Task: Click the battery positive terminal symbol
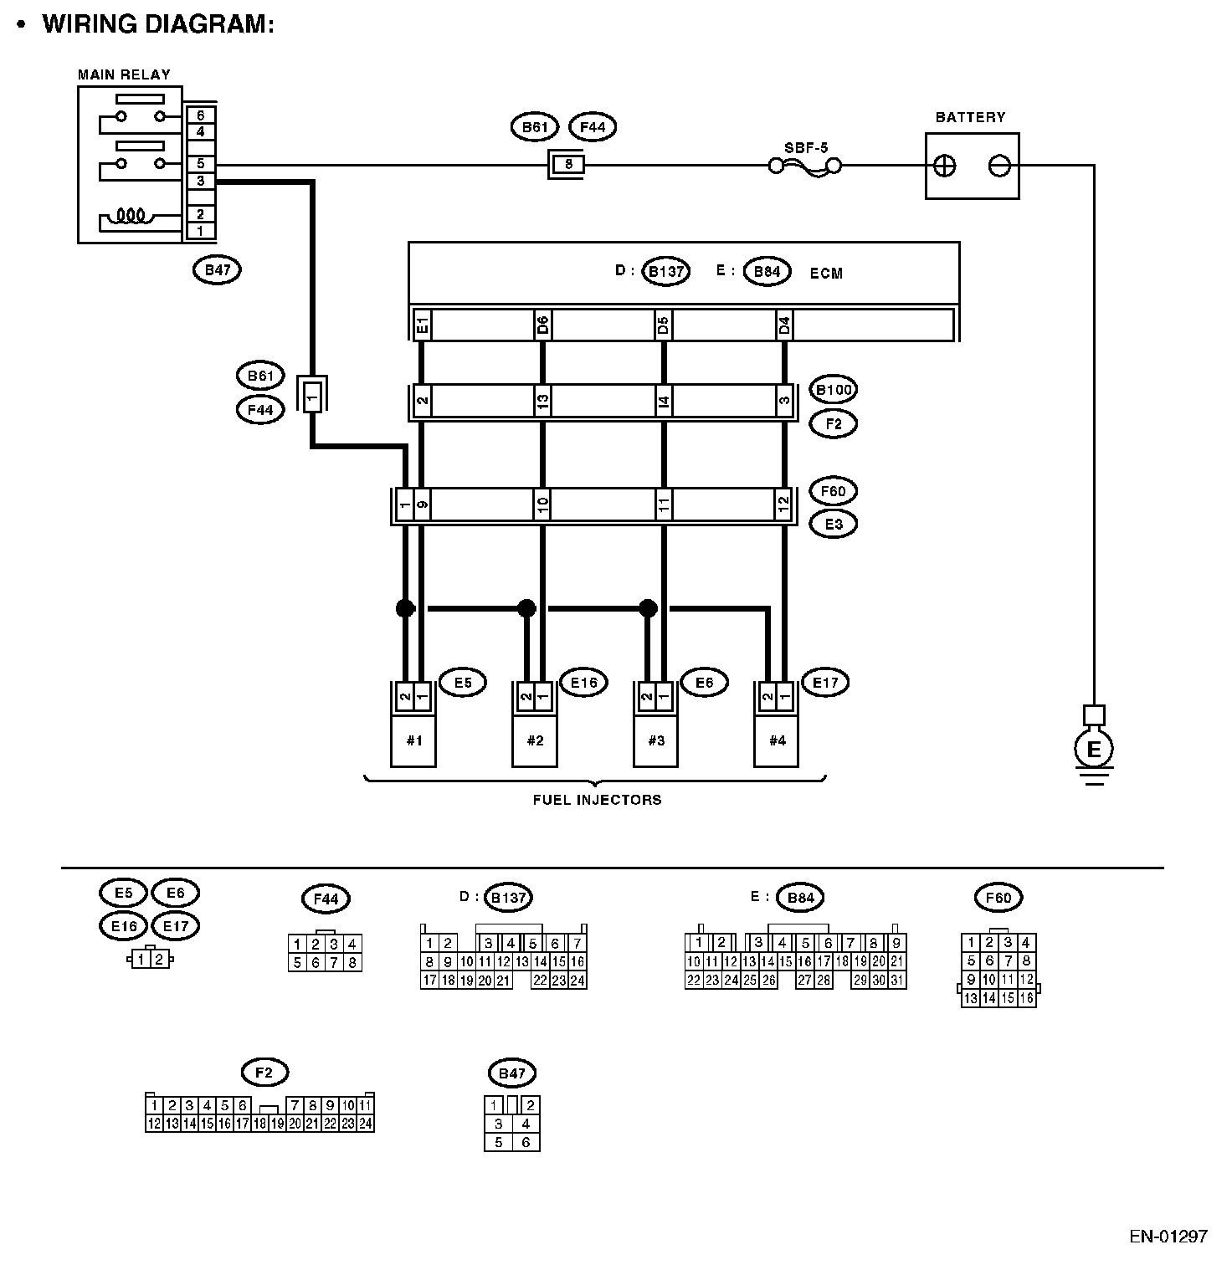[944, 166]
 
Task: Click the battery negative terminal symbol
[999, 166]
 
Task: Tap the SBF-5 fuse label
[806, 148]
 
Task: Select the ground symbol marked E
[1093, 750]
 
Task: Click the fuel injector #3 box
[655, 740]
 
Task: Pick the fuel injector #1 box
[413, 740]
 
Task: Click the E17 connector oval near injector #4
[825, 683]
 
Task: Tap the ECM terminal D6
[542, 325]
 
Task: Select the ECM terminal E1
[422, 325]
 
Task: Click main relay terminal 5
[201, 164]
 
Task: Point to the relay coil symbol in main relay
[132, 216]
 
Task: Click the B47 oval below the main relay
[217, 269]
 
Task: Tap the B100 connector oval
[834, 390]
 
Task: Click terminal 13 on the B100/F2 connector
[542, 402]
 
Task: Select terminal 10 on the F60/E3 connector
[542, 504]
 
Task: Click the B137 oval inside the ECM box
[666, 272]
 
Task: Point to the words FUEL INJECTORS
[597, 800]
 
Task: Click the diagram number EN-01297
[1168, 1236]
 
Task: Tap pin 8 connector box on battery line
[568, 165]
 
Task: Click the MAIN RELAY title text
[124, 74]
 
